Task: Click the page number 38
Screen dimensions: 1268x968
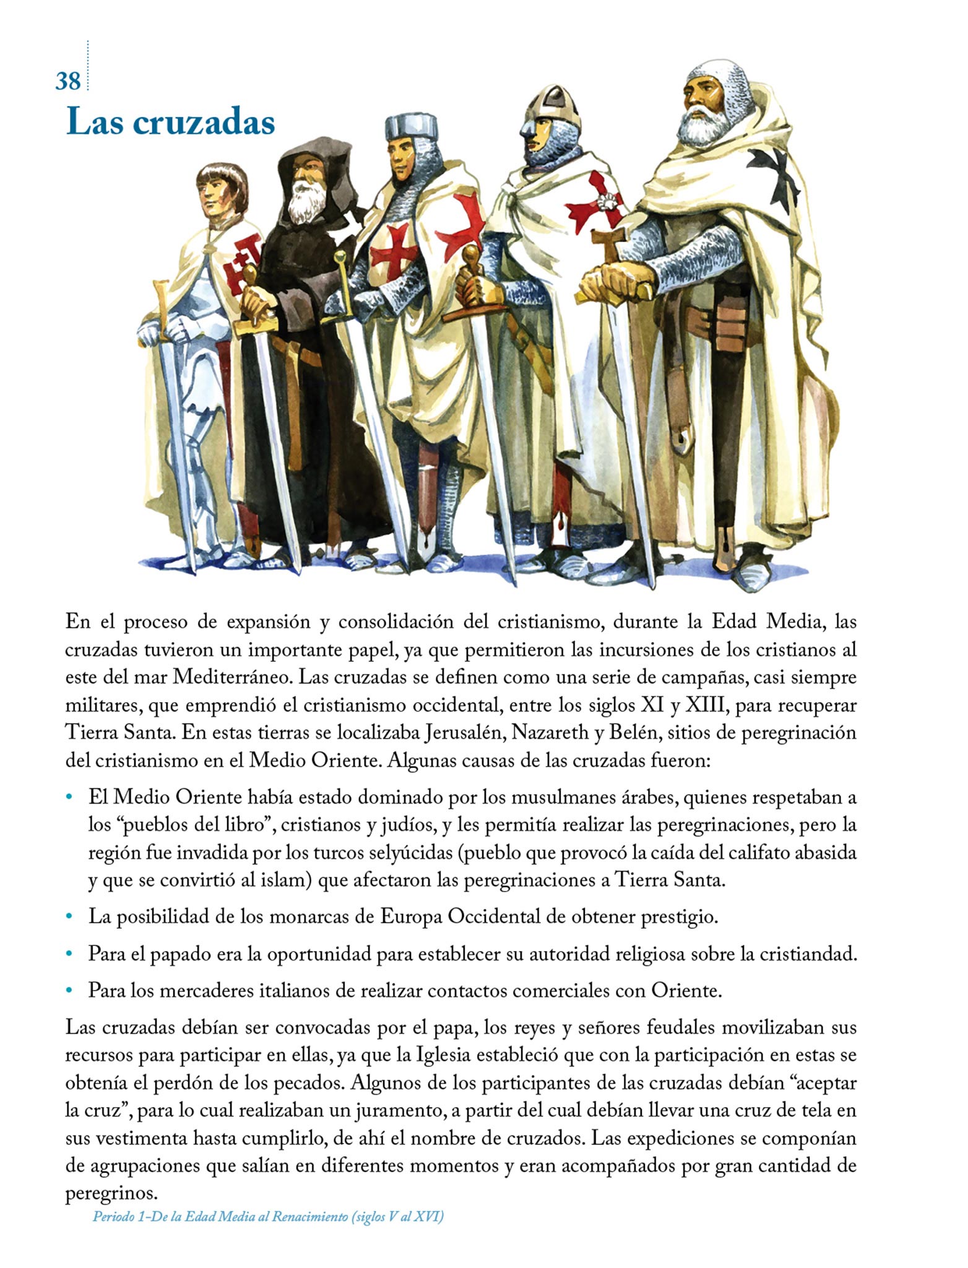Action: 68,80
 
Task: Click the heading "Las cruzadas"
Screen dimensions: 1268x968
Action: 170,122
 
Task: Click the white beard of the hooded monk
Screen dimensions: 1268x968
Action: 306,202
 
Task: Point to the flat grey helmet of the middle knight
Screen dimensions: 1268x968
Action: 410,128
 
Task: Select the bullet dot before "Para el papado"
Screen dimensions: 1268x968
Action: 69,954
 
